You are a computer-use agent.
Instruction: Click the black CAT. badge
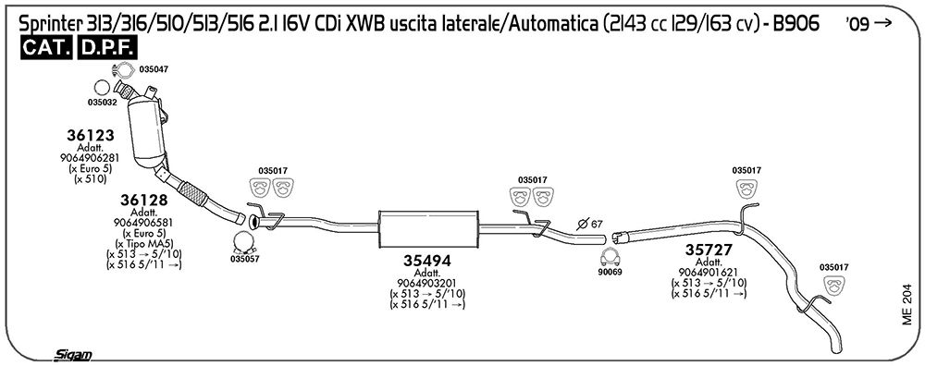46,49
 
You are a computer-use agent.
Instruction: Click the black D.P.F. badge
106,49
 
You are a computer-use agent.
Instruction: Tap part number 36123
91,135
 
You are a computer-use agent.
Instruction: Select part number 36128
144,200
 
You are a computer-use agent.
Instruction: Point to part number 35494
427,261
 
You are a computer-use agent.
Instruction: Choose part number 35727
709,250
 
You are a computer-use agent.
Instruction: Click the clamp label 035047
154,69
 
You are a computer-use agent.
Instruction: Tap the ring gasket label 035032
103,102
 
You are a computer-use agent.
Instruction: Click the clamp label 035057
245,258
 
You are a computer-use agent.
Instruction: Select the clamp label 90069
610,272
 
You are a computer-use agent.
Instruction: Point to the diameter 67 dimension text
590,224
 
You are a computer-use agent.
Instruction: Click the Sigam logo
72,355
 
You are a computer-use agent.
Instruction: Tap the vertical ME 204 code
906,306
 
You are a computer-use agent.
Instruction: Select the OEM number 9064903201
427,283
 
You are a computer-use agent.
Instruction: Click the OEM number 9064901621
709,272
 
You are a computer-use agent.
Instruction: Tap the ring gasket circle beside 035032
102,88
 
